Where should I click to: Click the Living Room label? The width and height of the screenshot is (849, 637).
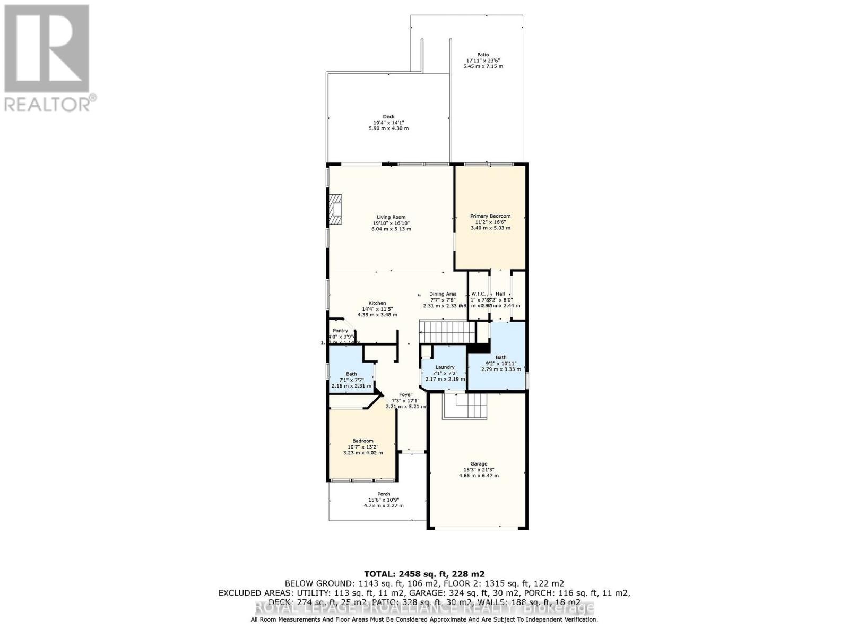coord(391,217)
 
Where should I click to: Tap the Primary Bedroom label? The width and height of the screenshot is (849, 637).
coord(490,216)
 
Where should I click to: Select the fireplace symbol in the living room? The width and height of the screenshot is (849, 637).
coord(335,211)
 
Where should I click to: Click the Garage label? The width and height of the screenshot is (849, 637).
coord(479,463)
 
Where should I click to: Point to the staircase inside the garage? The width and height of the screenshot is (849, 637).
coord(465,406)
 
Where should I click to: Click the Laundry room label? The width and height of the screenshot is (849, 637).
coord(445,367)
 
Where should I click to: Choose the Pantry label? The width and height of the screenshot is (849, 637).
coord(340,331)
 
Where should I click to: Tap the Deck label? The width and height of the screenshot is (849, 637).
coord(388,117)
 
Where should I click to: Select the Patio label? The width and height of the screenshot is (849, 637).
coord(483,55)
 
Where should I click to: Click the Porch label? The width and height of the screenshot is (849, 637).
coord(384,494)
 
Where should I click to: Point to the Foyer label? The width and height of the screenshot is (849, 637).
coord(405,394)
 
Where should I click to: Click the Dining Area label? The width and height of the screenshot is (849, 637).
coord(443,294)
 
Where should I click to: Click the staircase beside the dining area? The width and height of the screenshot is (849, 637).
coord(447,332)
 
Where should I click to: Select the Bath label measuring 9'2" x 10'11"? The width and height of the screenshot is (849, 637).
coord(501,357)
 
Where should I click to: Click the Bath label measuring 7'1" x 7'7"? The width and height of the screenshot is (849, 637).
coord(351,374)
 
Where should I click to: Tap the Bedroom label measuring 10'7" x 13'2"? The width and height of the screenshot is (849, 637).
coord(363,441)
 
